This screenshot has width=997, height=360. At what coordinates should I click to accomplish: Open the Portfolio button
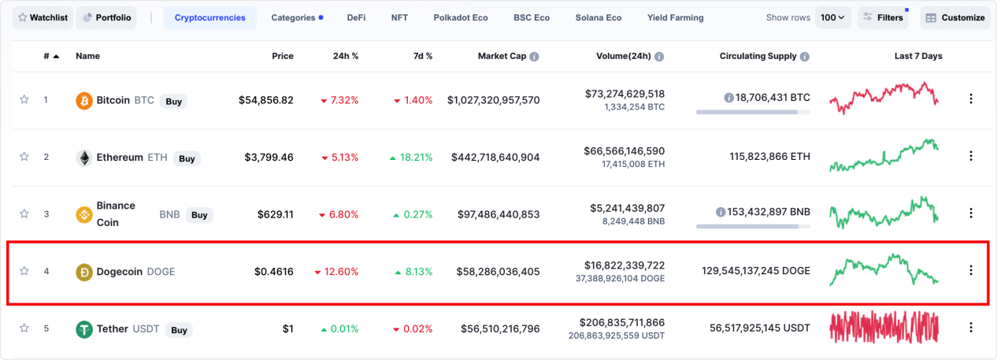106,17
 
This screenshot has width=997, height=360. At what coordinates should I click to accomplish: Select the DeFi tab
356,17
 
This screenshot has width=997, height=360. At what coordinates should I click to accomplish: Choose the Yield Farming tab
675,17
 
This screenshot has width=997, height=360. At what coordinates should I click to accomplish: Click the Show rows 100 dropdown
832,17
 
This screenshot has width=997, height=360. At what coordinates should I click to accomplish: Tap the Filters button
883,17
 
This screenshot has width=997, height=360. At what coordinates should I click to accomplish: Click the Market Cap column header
502,56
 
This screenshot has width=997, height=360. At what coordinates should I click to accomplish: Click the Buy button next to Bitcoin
173,101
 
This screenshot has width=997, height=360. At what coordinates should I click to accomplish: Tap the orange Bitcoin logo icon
83,101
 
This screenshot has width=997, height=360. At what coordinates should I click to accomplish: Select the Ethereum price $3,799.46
266,158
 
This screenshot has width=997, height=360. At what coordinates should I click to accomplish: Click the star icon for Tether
24,328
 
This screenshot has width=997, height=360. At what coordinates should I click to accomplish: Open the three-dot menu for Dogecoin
970,270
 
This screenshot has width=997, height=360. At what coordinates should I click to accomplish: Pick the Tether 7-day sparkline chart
884,328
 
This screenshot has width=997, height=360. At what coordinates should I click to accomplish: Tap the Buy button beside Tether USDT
179,330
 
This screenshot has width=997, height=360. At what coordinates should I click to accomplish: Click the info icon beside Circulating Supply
805,57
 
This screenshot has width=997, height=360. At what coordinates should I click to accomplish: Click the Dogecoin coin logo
83,272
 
